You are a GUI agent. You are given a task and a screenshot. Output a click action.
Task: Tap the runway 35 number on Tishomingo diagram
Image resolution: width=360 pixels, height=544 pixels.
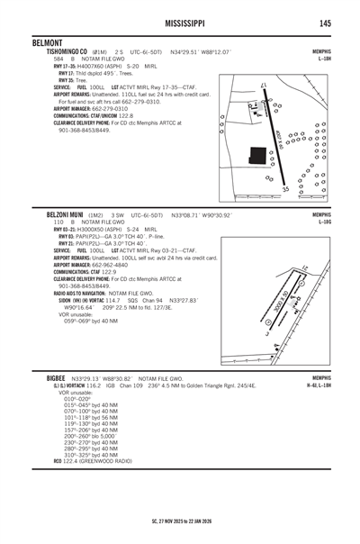[x=285, y=189]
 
